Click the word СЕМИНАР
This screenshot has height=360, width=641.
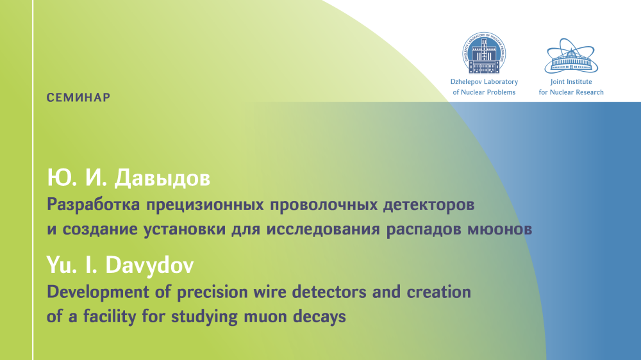point(78,97)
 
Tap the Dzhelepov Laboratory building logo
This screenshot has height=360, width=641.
point(484,54)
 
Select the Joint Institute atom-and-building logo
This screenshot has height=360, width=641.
point(571,56)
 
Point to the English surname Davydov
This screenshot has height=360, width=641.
point(149,265)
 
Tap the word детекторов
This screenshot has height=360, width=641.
point(428,205)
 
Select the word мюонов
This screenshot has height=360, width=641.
point(499,229)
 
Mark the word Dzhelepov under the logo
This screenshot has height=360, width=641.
point(465,82)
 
